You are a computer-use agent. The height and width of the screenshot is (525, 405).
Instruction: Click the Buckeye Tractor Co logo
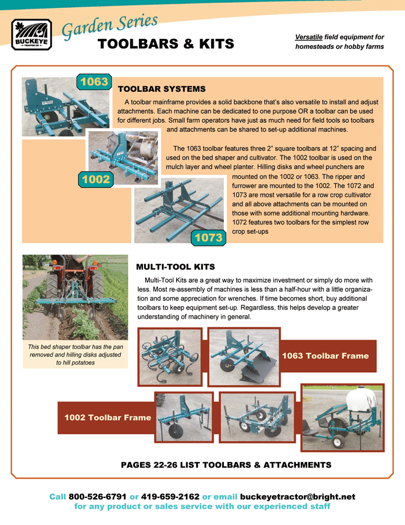(x=31, y=35)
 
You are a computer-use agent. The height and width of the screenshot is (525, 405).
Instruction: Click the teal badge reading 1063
(x=93, y=82)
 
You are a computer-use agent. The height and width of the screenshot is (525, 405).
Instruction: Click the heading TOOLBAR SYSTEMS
(x=162, y=89)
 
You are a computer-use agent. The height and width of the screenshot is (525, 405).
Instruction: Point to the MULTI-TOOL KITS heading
(x=175, y=266)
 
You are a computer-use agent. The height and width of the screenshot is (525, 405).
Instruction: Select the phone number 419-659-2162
(x=170, y=497)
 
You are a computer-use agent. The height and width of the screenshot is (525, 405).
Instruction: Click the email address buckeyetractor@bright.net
(x=298, y=497)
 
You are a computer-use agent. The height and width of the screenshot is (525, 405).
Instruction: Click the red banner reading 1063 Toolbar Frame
(x=326, y=355)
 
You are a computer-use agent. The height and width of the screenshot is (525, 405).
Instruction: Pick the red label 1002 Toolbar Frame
(x=107, y=417)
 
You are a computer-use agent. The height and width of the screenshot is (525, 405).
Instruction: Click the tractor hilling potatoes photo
(x=75, y=297)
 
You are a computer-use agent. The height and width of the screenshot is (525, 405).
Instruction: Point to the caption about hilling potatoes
(x=75, y=355)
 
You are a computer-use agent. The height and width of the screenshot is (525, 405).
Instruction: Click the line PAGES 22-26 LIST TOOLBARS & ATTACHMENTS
(x=226, y=465)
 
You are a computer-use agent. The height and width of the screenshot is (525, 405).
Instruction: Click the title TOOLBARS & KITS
(x=166, y=44)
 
